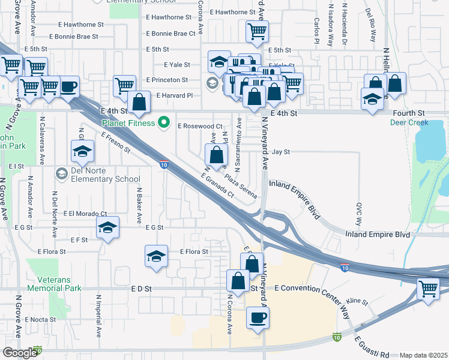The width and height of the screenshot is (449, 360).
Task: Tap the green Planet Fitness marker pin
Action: click(162, 124)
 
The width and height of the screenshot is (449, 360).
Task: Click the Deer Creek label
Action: click(409, 122)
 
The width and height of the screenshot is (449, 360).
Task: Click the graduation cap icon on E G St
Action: click(107, 227)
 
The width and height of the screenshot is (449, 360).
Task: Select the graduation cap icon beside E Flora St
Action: click(155, 256)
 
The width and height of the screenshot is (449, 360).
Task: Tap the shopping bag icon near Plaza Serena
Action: click(216, 155)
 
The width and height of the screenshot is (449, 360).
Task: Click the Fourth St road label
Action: click(409, 113)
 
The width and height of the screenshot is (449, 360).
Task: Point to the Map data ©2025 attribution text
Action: click(423, 355)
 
